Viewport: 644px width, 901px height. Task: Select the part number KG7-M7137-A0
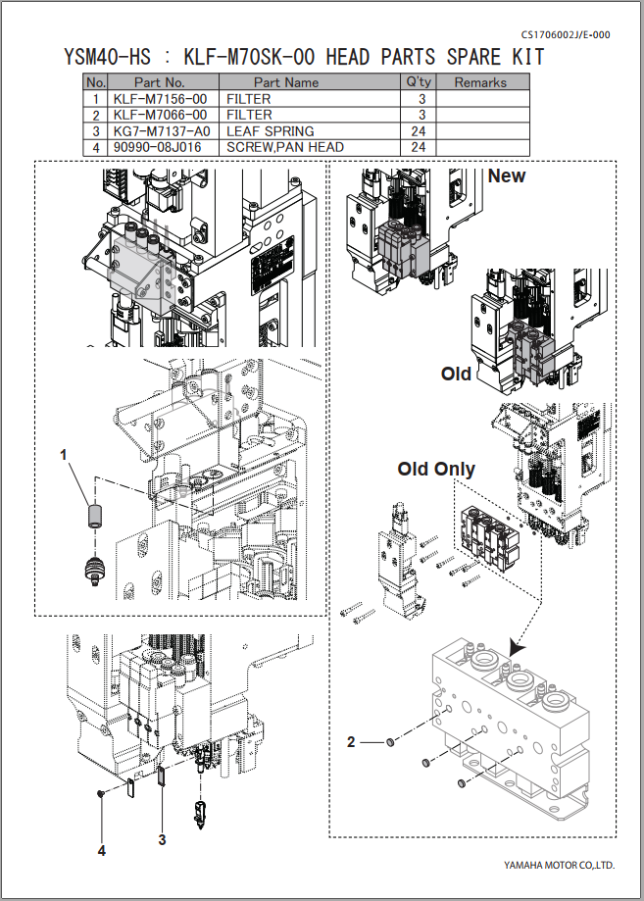[x=160, y=131]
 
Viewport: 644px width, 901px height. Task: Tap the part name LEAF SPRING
[x=270, y=131]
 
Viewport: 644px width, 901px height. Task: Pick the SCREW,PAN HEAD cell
[x=284, y=147]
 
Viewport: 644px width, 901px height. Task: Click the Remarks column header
[x=480, y=82]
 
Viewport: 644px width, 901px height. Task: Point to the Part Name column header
[x=286, y=82]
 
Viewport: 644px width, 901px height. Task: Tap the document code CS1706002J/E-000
[x=566, y=34]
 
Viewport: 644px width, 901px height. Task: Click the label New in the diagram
[x=506, y=176]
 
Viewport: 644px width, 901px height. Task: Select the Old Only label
[x=436, y=469]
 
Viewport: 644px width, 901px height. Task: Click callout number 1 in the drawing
[x=64, y=455]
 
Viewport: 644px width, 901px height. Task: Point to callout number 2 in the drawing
[x=351, y=742]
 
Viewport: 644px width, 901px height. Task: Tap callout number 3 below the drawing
[x=163, y=839]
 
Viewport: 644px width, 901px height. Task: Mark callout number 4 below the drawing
[x=101, y=851]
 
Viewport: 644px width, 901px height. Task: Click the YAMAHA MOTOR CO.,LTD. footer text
[x=559, y=866]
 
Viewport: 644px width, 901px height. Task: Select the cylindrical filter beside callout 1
[x=95, y=515]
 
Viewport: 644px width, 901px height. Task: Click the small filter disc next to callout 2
[x=391, y=743]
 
